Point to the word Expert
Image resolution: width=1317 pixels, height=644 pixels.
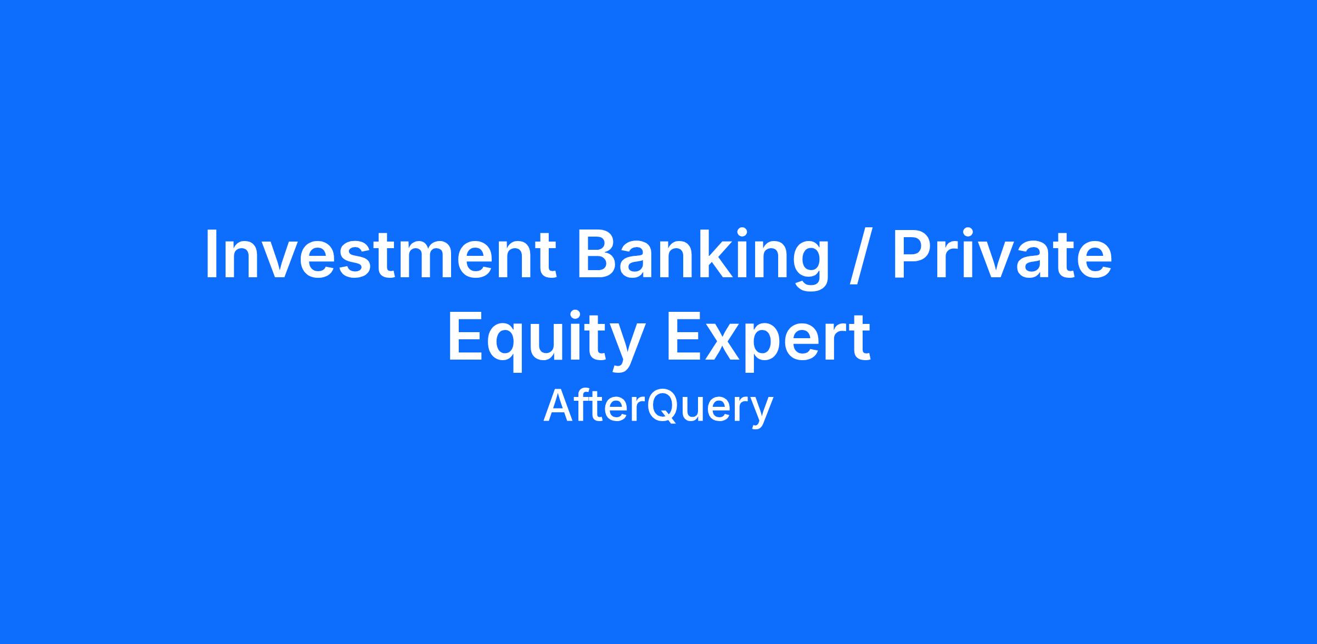768,341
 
